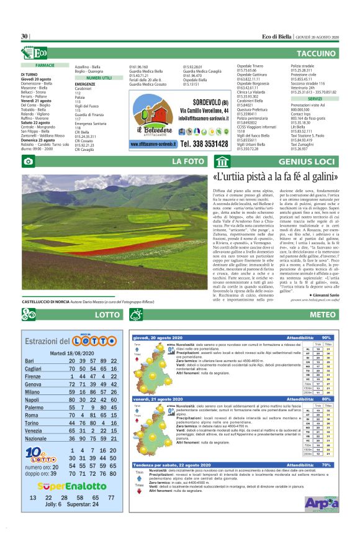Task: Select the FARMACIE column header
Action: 45,65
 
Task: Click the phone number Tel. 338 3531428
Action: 206,143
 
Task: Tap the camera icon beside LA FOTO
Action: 28,162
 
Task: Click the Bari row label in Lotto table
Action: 29,361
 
